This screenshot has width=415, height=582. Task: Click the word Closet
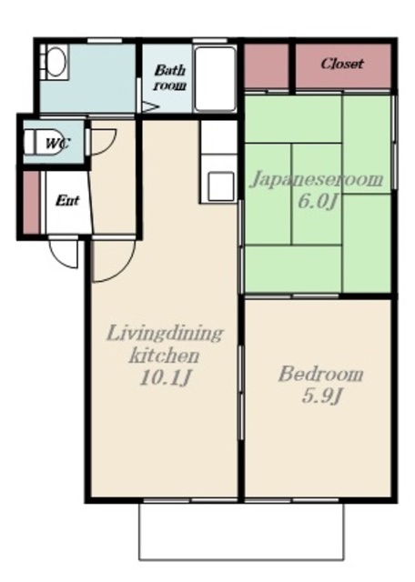point(342,64)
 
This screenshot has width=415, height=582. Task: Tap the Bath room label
point(170,77)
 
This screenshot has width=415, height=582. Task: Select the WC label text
point(56,143)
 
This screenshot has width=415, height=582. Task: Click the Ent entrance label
point(67,201)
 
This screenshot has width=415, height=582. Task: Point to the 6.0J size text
point(318,202)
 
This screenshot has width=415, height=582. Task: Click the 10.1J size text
point(165,378)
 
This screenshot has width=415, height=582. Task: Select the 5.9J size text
point(322,396)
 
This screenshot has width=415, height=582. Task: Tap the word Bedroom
point(321,374)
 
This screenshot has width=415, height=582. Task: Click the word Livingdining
point(165,333)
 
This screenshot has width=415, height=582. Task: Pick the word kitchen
point(164,356)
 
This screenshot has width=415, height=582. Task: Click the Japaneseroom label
point(318,179)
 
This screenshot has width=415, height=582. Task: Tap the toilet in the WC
point(44,142)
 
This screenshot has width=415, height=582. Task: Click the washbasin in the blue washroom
point(56,62)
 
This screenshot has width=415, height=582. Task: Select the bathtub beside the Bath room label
point(216,79)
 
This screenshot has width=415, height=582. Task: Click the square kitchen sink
point(220,186)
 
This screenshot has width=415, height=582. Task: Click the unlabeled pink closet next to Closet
point(267,65)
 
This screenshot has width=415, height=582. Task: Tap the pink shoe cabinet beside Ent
point(31,203)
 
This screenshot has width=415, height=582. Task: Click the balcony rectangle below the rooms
point(241,531)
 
